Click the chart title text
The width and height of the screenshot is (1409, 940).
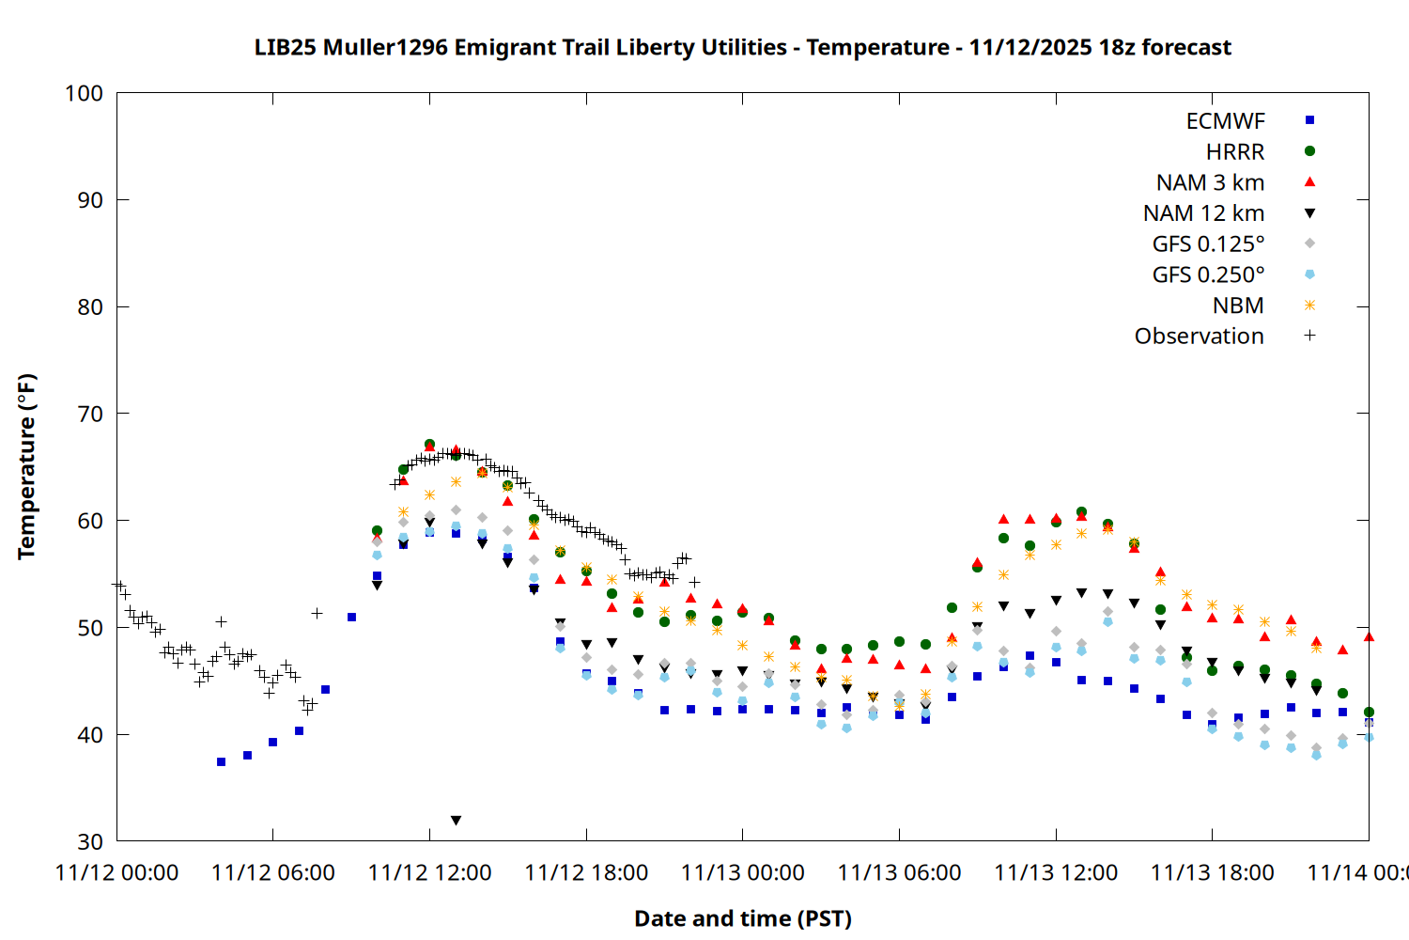pos(742,47)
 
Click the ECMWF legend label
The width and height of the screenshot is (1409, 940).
pos(1225,121)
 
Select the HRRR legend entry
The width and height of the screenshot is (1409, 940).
pos(1235,152)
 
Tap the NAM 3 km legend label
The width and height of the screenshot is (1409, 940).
pos(1210,182)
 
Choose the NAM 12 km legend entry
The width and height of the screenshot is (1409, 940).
pos(1203,213)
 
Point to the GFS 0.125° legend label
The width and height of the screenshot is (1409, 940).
pos(1208,244)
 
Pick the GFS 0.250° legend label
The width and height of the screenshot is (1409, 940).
pos(1208,274)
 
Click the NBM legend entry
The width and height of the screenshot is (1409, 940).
pos(1238,305)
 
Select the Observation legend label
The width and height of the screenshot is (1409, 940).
pos(1199,337)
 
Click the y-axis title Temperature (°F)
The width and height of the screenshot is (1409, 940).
pos(26,466)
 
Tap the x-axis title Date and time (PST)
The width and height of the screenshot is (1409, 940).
pos(742,918)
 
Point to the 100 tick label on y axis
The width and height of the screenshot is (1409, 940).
pos(84,93)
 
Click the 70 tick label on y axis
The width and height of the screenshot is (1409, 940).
pos(90,414)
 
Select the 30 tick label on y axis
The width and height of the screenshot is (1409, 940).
pos(90,841)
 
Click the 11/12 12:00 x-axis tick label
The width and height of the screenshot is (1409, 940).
pos(429,873)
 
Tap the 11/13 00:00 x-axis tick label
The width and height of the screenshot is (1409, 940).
pos(742,873)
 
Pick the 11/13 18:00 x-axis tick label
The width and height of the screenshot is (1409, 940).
pos(1212,873)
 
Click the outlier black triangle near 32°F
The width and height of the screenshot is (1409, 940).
pos(456,821)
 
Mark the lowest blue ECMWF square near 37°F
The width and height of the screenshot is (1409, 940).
pos(221,761)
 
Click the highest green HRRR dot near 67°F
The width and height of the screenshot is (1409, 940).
pos(429,445)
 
